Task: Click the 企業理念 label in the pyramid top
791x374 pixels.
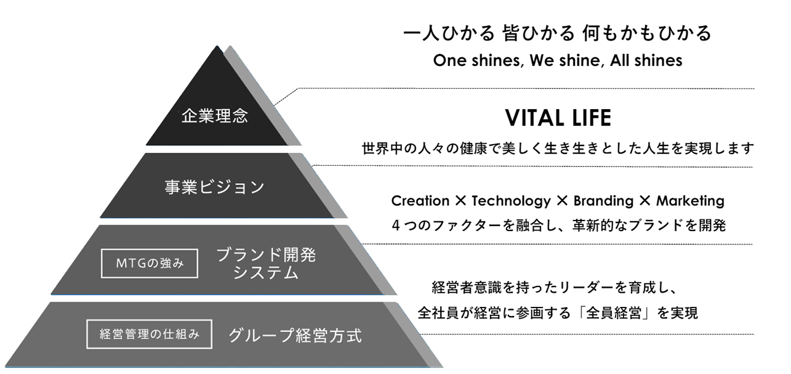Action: click(215, 116)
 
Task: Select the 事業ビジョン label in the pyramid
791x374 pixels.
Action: click(214, 187)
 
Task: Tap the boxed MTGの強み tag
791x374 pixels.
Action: click(150, 263)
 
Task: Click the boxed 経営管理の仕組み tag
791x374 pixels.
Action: click(150, 334)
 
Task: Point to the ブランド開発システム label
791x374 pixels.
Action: click(266, 264)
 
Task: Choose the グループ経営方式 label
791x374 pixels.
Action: click(295, 335)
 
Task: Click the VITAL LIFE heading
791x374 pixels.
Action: click(558, 118)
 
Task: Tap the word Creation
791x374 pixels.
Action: click(420, 201)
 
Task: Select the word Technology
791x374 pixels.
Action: click(511, 201)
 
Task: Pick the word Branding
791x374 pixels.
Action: click(603, 201)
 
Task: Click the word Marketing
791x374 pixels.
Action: click(691, 201)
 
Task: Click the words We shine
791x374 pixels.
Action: click(565, 60)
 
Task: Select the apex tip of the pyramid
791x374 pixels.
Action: click(217, 46)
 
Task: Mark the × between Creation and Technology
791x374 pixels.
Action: click(460, 201)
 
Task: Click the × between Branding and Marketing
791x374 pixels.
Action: click(645, 201)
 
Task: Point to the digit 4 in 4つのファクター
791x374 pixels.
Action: click(396, 225)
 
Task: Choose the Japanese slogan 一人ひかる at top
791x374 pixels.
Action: click(449, 33)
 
